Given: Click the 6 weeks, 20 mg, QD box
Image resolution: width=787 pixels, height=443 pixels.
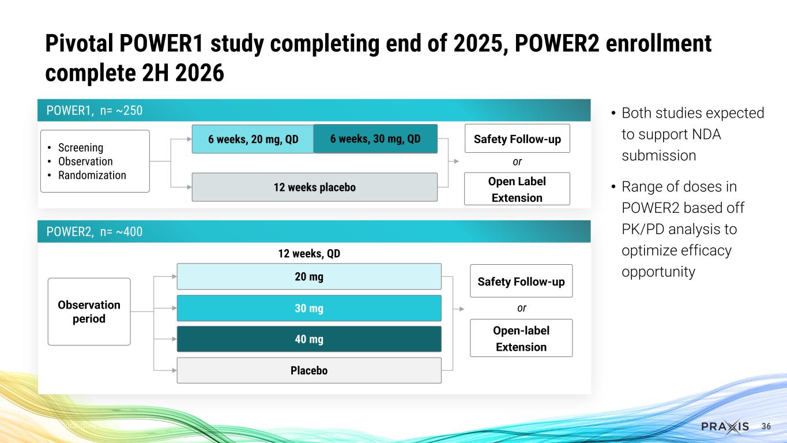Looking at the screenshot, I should click(x=253, y=140).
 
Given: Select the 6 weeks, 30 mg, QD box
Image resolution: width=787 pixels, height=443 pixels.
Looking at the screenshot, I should click(x=375, y=139).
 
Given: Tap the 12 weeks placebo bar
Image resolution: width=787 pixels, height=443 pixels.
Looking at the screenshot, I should click(x=314, y=187).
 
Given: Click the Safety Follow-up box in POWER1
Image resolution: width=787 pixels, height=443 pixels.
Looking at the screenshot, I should click(x=517, y=139).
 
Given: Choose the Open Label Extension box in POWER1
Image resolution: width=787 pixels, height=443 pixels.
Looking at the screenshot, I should click(x=517, y=189).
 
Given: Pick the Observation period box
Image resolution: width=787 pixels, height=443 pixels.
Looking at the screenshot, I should click(x=89, y=311).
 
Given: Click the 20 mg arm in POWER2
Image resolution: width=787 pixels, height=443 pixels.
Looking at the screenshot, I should click(x=308, y=277).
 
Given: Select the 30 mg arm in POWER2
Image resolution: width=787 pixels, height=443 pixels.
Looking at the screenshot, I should click(x=308, y=309).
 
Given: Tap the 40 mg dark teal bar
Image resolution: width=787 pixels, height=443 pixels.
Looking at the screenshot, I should click(x=308, y=339).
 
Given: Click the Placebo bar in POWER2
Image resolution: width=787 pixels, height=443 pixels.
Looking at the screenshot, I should click(x=308, y=370).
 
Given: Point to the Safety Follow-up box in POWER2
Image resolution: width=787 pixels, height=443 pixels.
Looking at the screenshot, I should click(x=521, y=281).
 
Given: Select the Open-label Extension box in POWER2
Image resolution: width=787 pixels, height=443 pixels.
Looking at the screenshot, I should click(x=521, y=338).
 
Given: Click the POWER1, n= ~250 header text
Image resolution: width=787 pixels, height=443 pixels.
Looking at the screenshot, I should click(x=94, y=110).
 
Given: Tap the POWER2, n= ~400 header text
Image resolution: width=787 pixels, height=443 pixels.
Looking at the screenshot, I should click(x=94, y=232).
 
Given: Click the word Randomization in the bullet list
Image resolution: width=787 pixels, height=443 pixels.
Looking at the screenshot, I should click(x=92, y=175).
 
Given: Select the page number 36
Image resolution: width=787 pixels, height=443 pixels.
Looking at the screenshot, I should click(x=766, y=426).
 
